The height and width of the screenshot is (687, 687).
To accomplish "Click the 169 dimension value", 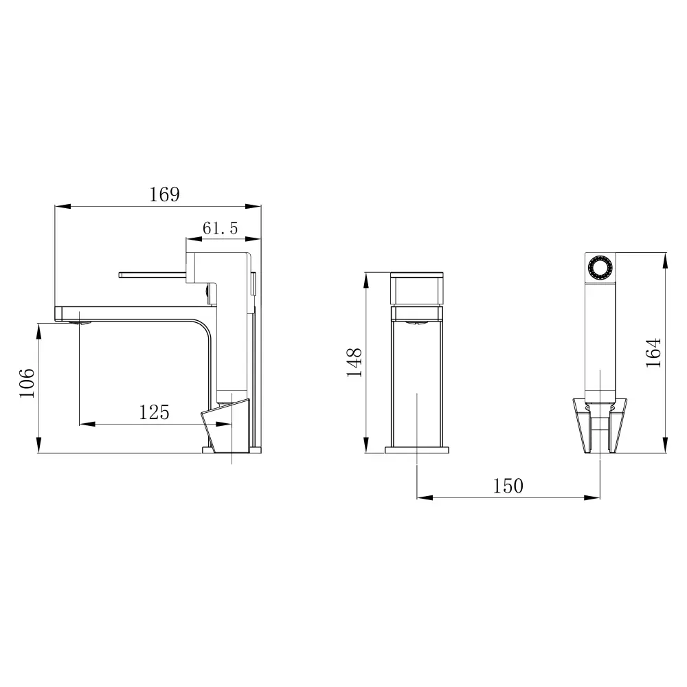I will click(x=164, y=194).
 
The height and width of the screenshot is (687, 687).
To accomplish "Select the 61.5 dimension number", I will click(x=220, y=229).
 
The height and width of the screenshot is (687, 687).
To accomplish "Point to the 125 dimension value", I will click(x=154, y=412).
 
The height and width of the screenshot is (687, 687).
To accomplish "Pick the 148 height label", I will click(x=354, y=363).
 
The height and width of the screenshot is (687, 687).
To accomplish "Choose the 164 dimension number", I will click(x=653, y=352).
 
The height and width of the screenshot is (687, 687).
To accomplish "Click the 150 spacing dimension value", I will click(x=508, y=486).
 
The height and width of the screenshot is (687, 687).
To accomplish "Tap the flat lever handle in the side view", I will click(x=153, y=275).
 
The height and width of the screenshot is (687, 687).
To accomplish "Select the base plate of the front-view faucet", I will click(x=418, y=450).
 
